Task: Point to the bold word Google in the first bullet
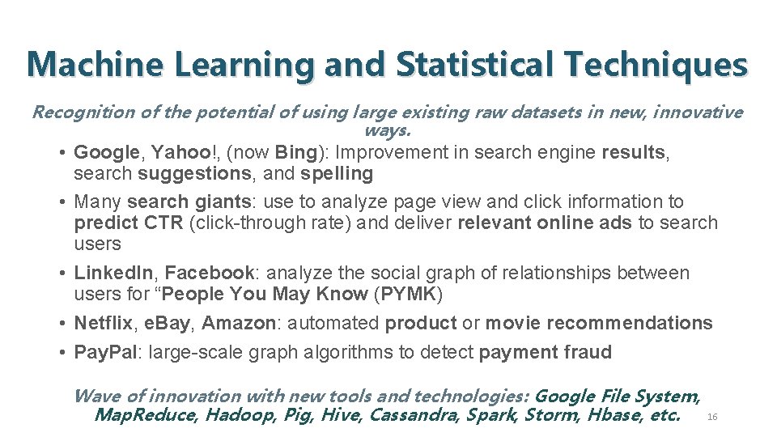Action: point(105,152)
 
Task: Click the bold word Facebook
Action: point(209,274)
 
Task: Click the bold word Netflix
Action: point(103,323)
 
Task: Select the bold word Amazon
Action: point(239,323)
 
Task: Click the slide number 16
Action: point(712,417)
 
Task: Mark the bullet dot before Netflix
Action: point(63,323)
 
